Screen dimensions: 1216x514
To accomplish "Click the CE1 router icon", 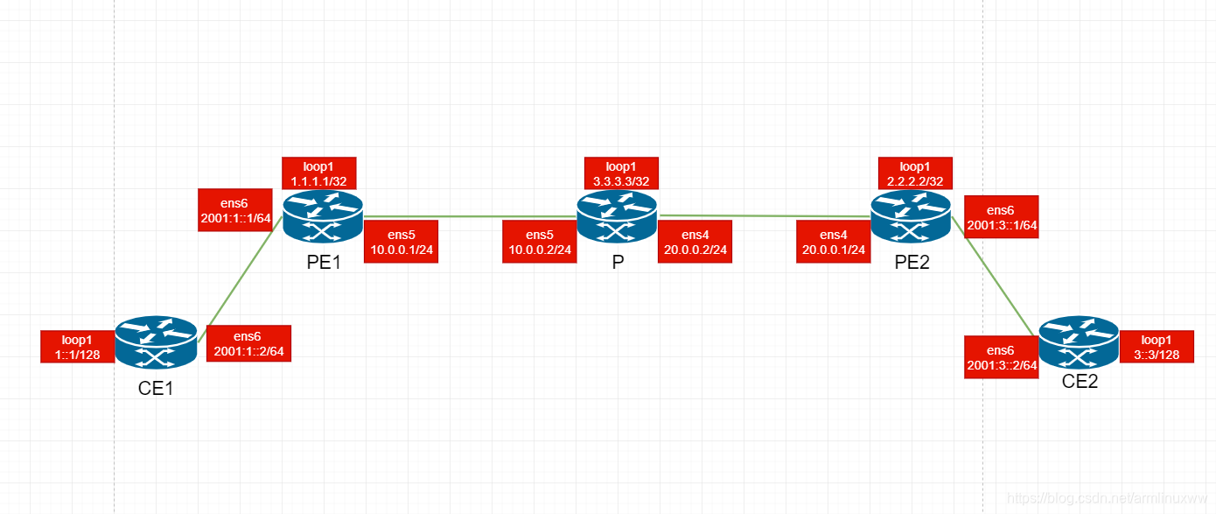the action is (157, 343).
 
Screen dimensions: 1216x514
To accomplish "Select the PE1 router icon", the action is (323, 217).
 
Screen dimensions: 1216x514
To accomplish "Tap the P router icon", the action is (617, 217).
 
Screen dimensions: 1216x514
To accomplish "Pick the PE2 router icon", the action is (911, 217).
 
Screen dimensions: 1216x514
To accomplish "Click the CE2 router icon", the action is (1079, 343).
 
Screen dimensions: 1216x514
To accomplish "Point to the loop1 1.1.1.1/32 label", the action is (319, 173).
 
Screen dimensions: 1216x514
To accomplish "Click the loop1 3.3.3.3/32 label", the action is (622, 173).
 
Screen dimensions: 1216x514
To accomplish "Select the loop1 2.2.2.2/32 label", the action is (915, 173).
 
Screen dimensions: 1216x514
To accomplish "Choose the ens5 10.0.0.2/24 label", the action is (540, 242).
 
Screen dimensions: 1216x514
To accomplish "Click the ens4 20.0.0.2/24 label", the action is (695, 242).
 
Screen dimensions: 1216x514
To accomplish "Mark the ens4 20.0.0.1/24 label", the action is (834, 242).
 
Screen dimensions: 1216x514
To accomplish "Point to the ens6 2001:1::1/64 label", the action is (235, 210).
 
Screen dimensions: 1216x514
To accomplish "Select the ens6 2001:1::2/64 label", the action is (248, 343).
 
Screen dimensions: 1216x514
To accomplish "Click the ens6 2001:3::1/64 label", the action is (1001, 217).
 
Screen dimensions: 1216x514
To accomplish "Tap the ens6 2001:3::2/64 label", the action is (1002, 356).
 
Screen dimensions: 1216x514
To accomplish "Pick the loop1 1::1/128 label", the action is (77, 346).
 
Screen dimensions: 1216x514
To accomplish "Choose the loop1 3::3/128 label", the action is (1157, 346).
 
